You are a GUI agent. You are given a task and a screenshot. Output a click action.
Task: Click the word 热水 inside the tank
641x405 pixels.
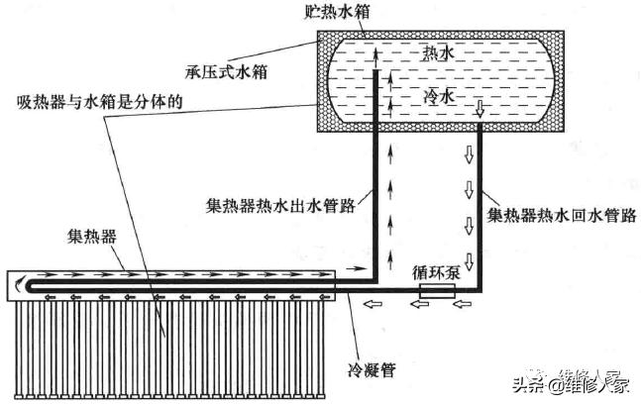pos(438,51)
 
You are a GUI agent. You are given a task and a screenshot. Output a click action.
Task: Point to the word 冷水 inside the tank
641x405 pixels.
pos(437,96)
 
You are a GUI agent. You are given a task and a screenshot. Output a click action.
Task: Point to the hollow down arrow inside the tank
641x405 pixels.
pos(480,106)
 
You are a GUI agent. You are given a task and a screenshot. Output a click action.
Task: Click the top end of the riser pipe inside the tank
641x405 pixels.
pos(376,72)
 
